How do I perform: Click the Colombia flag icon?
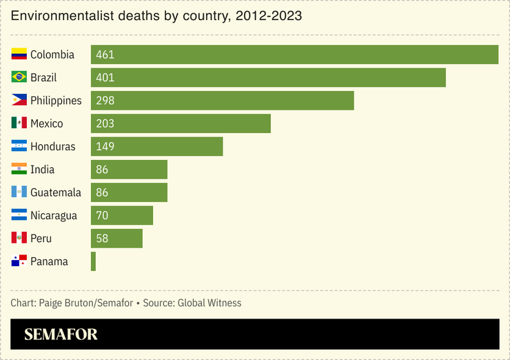coord(19,54)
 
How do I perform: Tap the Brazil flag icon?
coord(19,77)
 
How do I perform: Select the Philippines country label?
coord(56,101)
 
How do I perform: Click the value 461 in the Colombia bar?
coord(105,54)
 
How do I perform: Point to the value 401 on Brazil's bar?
coord(105,77)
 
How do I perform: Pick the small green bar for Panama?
coord(93,261)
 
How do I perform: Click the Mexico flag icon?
coord(19,123)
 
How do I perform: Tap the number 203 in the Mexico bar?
coord(105,123)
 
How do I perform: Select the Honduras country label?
coord(53,146)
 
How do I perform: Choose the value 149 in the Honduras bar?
coord(105,146)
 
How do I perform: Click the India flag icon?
coord(19,170)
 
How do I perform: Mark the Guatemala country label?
coord(56,192)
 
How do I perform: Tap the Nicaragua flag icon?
coord(19,215)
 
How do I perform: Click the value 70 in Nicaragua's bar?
coord(102,215)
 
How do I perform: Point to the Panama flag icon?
coord(19,261)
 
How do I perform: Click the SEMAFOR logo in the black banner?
coord(61,334)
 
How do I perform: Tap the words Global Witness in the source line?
coord(210,303)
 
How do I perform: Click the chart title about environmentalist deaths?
coord(156,15)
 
